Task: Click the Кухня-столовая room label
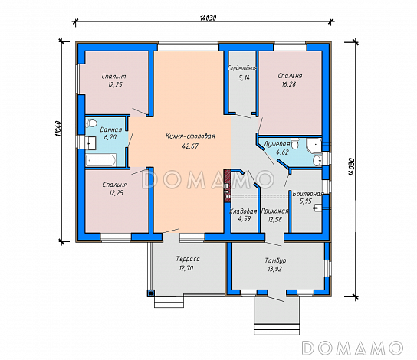(190, 136)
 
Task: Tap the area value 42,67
(190, 146)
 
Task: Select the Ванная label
(111, 129)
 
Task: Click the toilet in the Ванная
(91, 123)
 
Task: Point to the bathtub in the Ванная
(100, 160)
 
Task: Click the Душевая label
(277, 144)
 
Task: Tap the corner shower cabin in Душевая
(314, 146)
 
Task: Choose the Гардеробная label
(243, 68)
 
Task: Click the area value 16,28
(289, 84)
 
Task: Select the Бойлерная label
(308, 194)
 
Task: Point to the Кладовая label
(243, 211)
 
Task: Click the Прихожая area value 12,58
(275, 219)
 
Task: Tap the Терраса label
(188, 259)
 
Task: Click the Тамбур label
(275, 260)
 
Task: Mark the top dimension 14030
(208, 18)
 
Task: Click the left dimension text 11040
(58, 129)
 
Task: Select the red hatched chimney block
(227, 185)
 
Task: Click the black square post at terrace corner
(151, 293)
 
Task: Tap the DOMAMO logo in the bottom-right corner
(353, 347)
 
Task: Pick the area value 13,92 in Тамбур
(275, 269)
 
